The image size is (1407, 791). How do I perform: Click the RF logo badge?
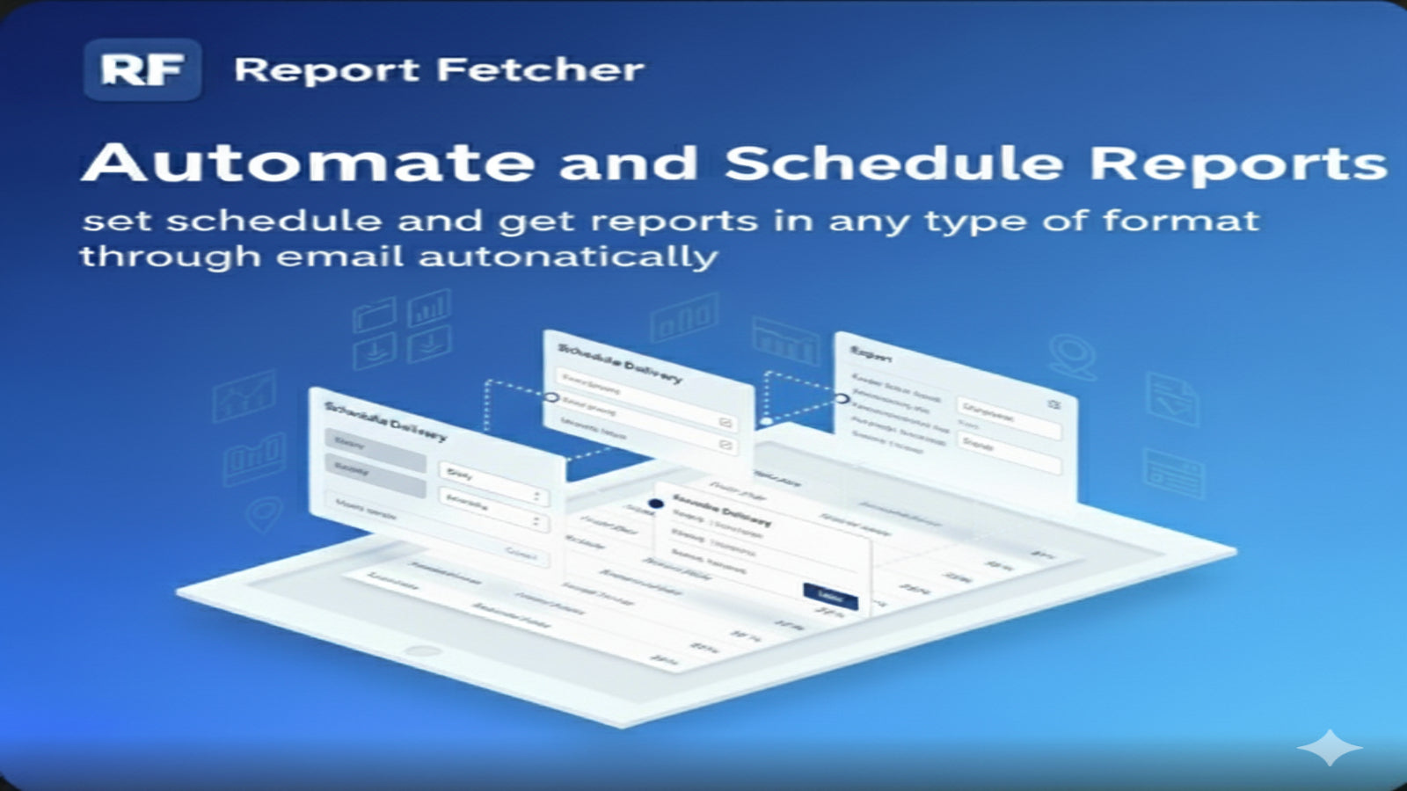142,69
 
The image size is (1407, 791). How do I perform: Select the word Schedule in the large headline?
893,163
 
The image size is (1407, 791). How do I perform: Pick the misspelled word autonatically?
568,258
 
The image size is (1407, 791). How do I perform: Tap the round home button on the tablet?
423,651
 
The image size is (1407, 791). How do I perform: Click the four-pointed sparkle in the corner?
1330,748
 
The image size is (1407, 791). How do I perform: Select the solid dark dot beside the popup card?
655,504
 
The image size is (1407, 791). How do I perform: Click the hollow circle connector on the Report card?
842,398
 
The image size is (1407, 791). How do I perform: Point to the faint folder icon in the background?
374,314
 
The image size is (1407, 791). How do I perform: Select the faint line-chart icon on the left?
244,395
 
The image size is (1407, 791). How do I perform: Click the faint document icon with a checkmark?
1172,400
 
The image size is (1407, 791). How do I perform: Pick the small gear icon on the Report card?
1053,404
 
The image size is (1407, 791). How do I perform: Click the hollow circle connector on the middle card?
551,397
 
